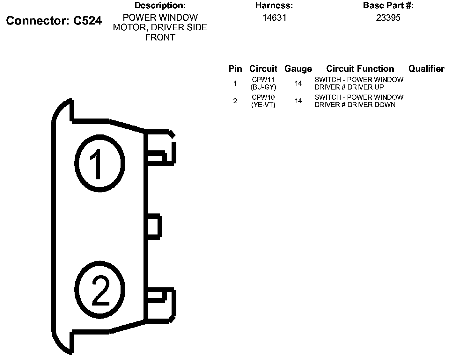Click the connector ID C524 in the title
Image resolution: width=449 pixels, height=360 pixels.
[88, 21]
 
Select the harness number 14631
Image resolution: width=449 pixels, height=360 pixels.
[274, 18]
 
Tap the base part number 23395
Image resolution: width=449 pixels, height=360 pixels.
[388, 18]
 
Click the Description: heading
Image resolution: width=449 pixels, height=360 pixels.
[160, 5]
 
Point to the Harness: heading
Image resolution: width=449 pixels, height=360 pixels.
[274, 5]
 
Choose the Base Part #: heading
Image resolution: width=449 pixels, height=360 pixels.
[388, 5]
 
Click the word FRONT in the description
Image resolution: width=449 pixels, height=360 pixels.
[160, 38]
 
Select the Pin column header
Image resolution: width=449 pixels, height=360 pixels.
[235, 68]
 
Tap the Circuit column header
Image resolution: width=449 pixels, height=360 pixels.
[263, 68]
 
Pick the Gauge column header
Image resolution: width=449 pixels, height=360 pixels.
[298, 69]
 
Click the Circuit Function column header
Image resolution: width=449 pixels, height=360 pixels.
[360, 68]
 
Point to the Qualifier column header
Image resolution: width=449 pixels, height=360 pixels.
[426, 68]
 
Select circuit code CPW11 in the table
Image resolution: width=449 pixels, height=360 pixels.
[263, 80]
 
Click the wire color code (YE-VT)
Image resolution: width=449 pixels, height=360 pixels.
[263, 104]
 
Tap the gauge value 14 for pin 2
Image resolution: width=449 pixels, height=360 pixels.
[298, 101]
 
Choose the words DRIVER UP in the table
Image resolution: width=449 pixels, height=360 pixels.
[365, 87]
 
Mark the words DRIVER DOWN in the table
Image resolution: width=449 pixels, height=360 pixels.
[371, 104]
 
